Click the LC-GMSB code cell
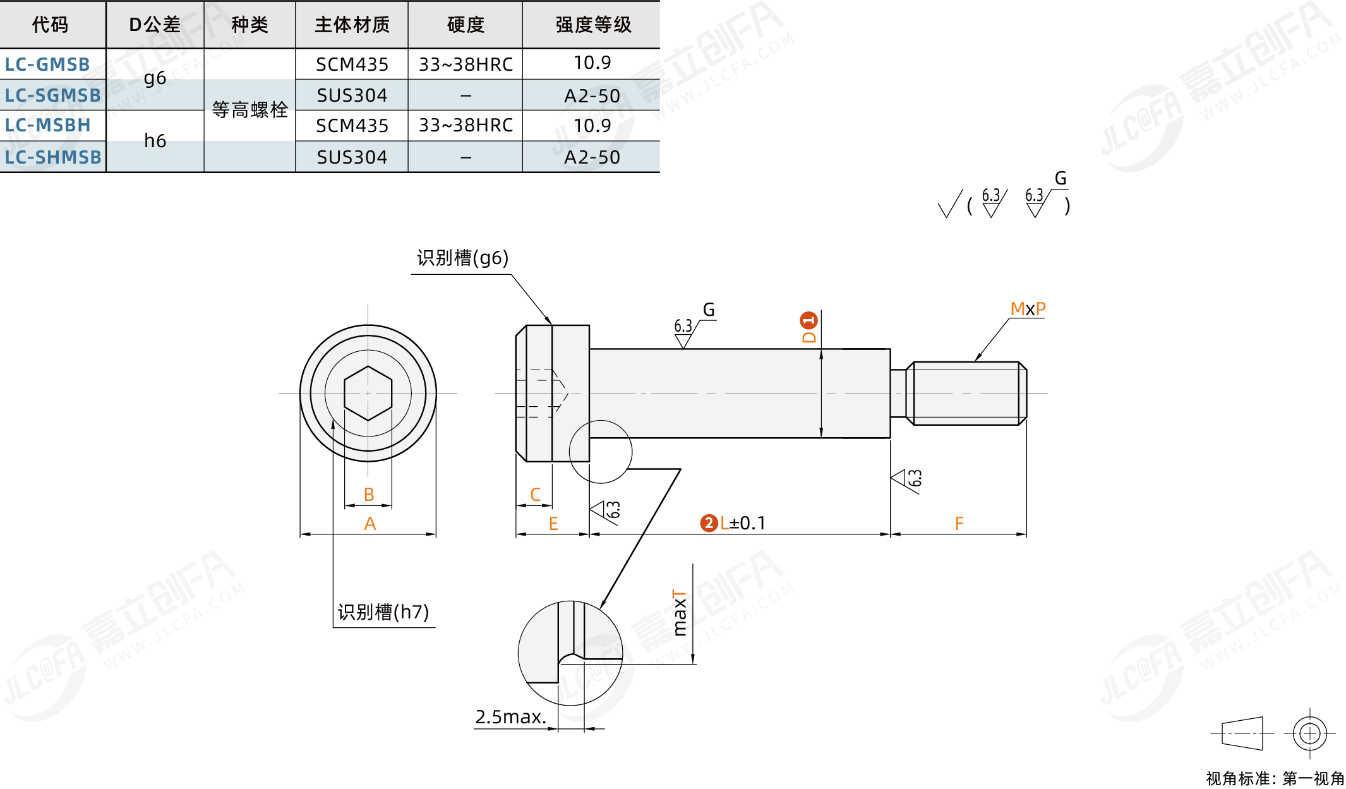[47, 64]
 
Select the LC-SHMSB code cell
[53, 157]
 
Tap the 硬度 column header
[466, 25]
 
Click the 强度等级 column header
[593, 25]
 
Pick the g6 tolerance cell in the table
[155, 79]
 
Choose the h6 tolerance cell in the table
[155, 141]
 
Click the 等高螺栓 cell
[249, 110]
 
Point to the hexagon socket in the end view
[368, 393]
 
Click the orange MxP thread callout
[1028, 309]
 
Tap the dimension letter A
[370, 524]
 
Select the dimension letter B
[369, 495]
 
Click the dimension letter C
[536, 495]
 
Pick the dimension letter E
[553, 524]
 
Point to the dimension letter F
[959, 524]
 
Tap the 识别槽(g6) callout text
[462, 258]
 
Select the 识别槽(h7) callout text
[383, 611]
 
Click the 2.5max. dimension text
[510, 717]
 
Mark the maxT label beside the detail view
[679, 612]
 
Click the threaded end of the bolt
[966, 393]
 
